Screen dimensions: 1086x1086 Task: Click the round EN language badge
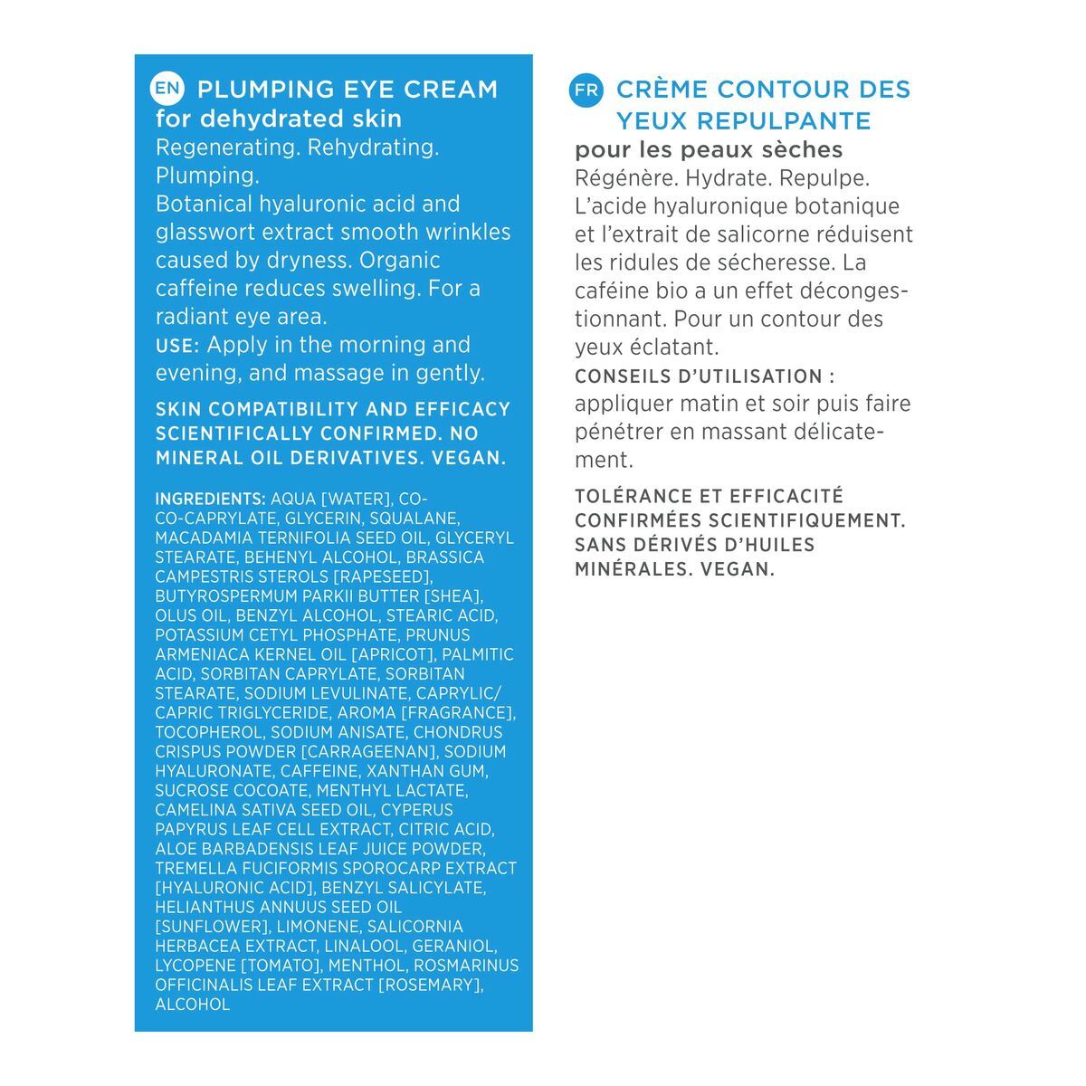point(168,88)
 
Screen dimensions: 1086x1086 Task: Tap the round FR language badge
point(586,90)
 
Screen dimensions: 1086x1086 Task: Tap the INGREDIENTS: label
point(210,499)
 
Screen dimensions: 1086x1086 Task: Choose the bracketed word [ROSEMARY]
point(430,985)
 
